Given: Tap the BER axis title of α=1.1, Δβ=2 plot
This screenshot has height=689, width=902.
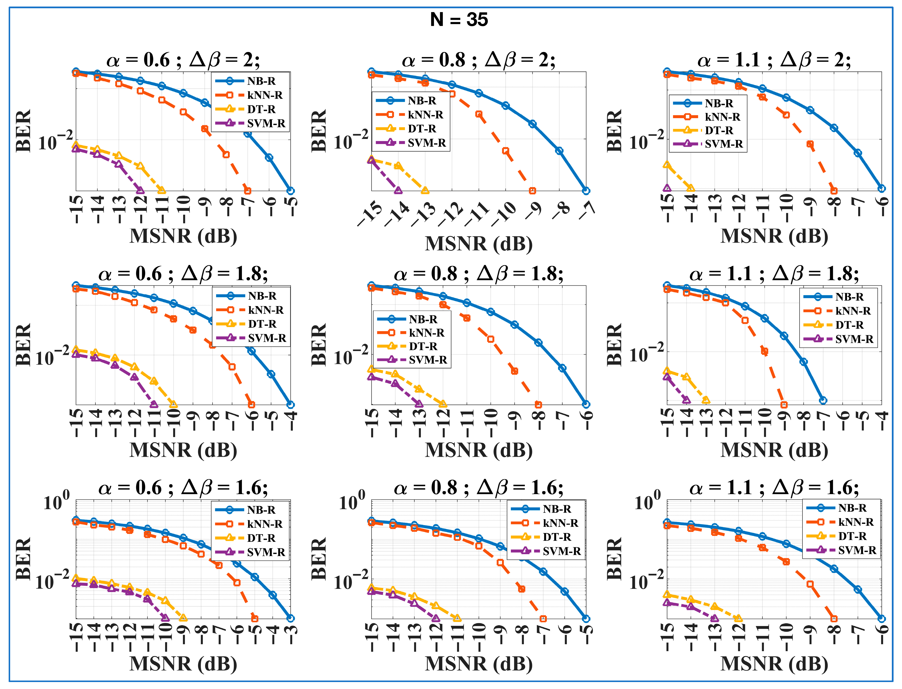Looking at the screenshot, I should pyautogui.click(x=614, y=131).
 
